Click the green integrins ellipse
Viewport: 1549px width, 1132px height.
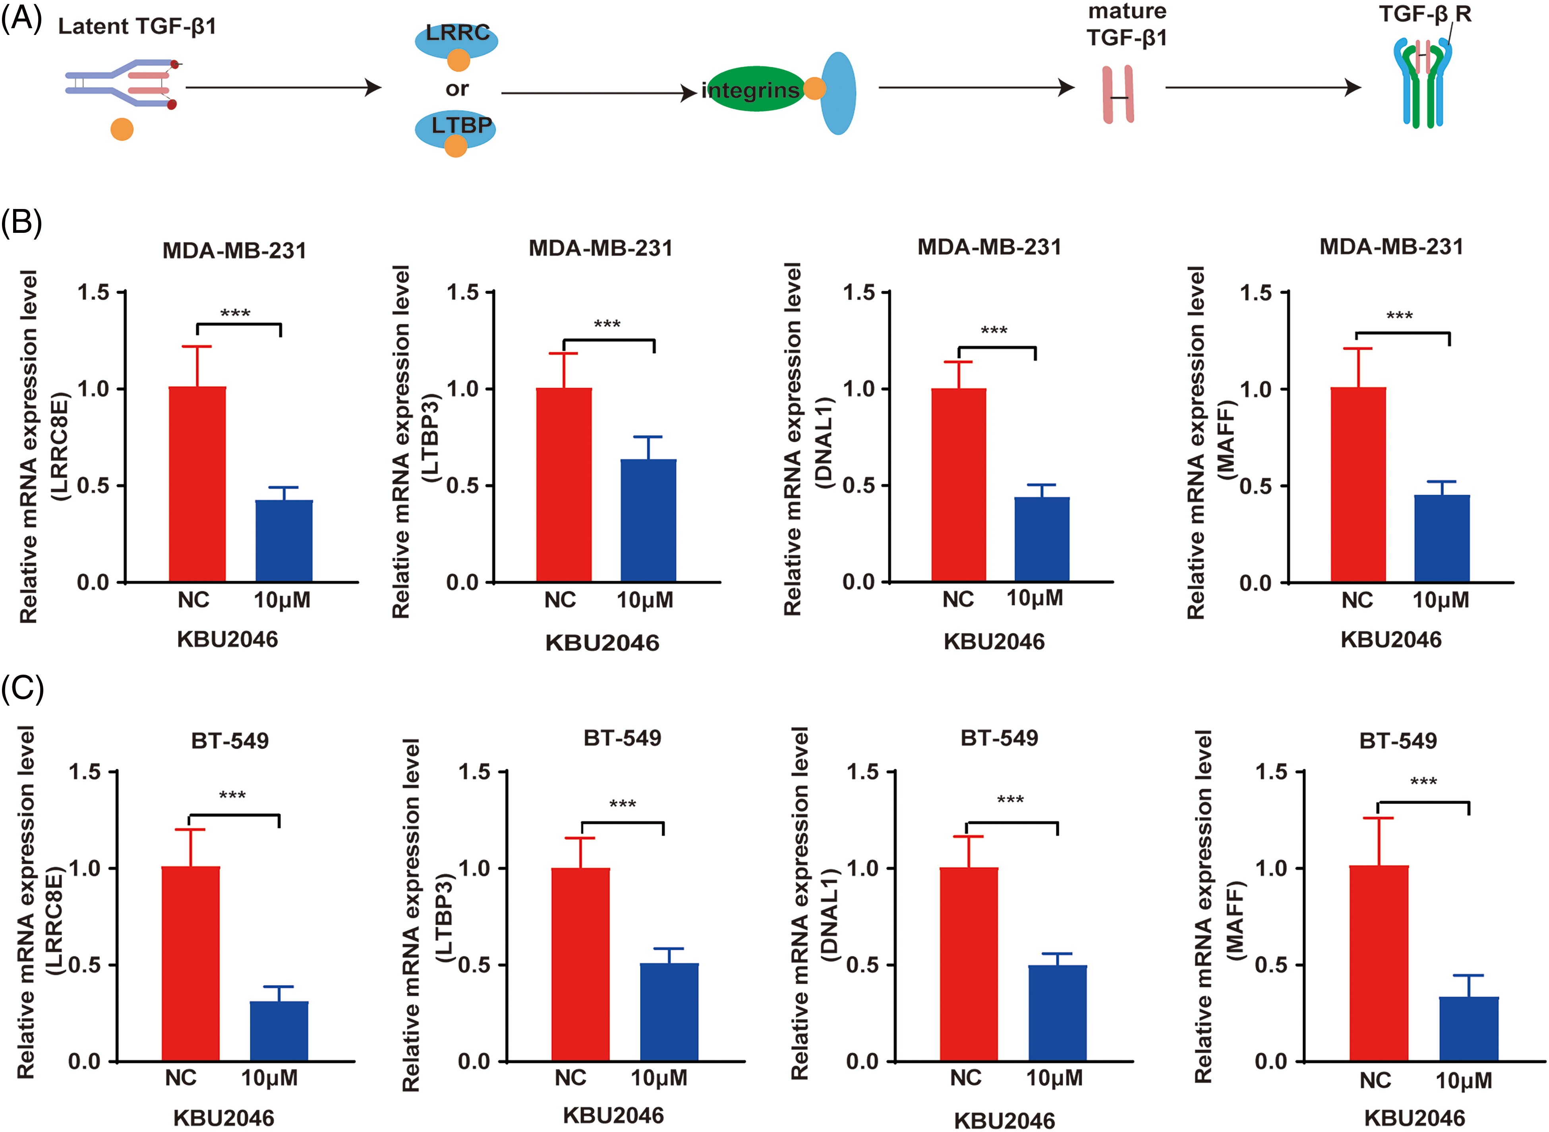pos(754,89)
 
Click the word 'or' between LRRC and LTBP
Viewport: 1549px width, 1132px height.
pos(457,89)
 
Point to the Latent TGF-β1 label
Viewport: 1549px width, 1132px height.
pos(137,26)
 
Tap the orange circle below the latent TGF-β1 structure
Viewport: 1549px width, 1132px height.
pos(122,129)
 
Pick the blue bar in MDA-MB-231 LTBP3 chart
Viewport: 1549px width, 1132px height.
pos(648,521)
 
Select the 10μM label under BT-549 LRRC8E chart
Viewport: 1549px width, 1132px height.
pos(269,1078)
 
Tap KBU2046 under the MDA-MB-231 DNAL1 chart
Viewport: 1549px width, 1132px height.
pos(994,641)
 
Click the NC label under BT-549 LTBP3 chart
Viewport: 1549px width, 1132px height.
pos(570,1078)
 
